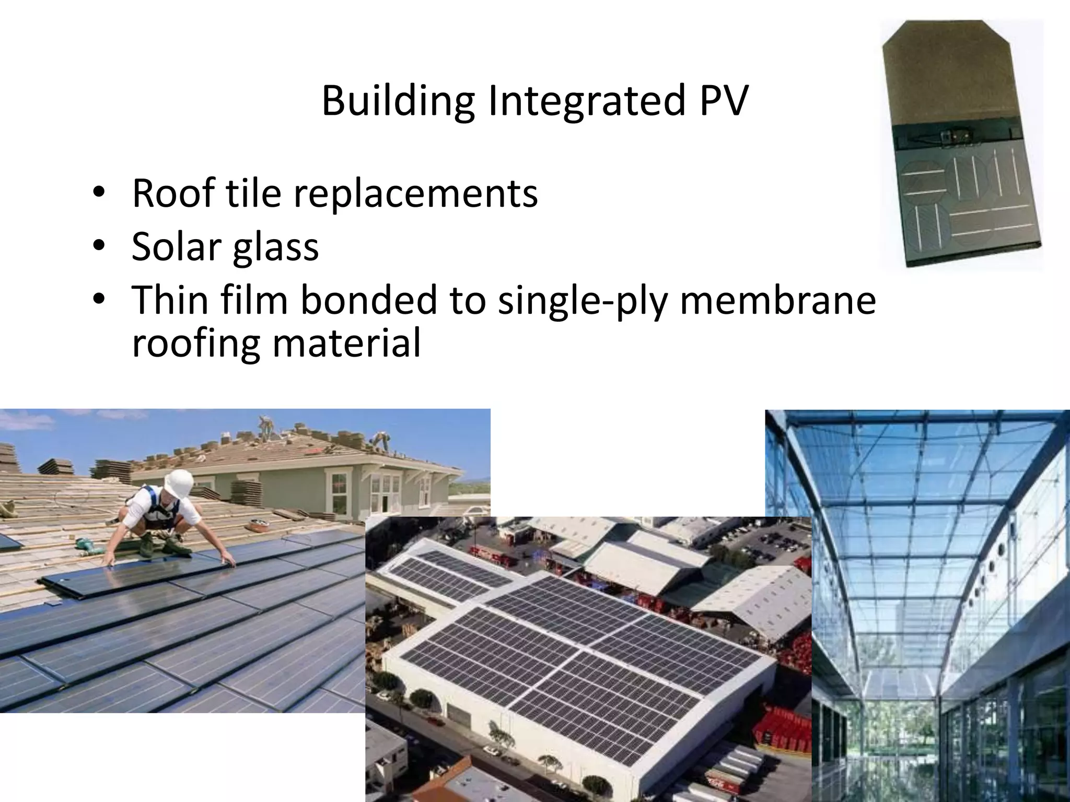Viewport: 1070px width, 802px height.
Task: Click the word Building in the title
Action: coord(398,100)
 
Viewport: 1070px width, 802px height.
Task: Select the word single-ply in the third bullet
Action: coord(581,302)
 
